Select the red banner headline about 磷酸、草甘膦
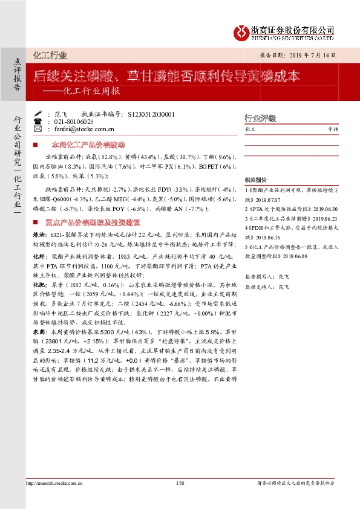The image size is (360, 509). coord(166,77)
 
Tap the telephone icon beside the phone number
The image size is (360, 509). coord(39,122)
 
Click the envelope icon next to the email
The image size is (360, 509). coord(39,129)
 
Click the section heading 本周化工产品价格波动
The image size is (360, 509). coord(87,146)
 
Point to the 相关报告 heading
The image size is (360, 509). coord(255,180)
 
